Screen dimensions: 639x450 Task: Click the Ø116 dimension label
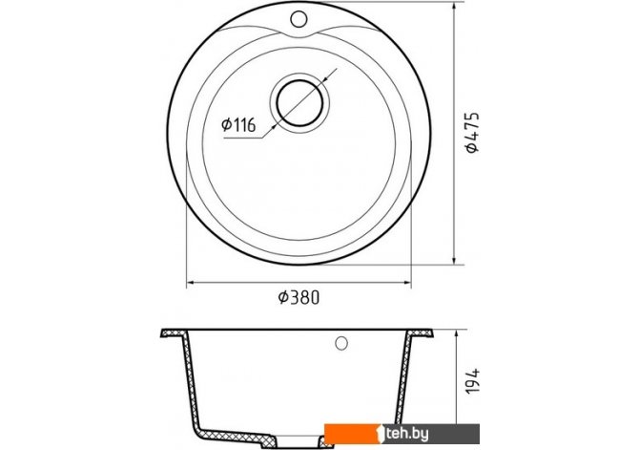click(238, 124)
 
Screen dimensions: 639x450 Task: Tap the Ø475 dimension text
click(473, 132)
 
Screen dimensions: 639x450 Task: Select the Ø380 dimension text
click(299, 297)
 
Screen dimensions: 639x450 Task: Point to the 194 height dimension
click(473, 381)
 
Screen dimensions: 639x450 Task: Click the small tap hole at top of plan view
click(299, 18)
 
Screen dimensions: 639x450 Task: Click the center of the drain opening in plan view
click(299, 103)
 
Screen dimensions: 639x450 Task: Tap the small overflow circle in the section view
click(341, 343)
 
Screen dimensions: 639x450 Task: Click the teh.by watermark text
click(406, 434)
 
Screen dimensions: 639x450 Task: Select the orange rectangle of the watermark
click(353, 434)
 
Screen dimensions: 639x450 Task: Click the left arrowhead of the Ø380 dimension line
click(191, 282)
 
